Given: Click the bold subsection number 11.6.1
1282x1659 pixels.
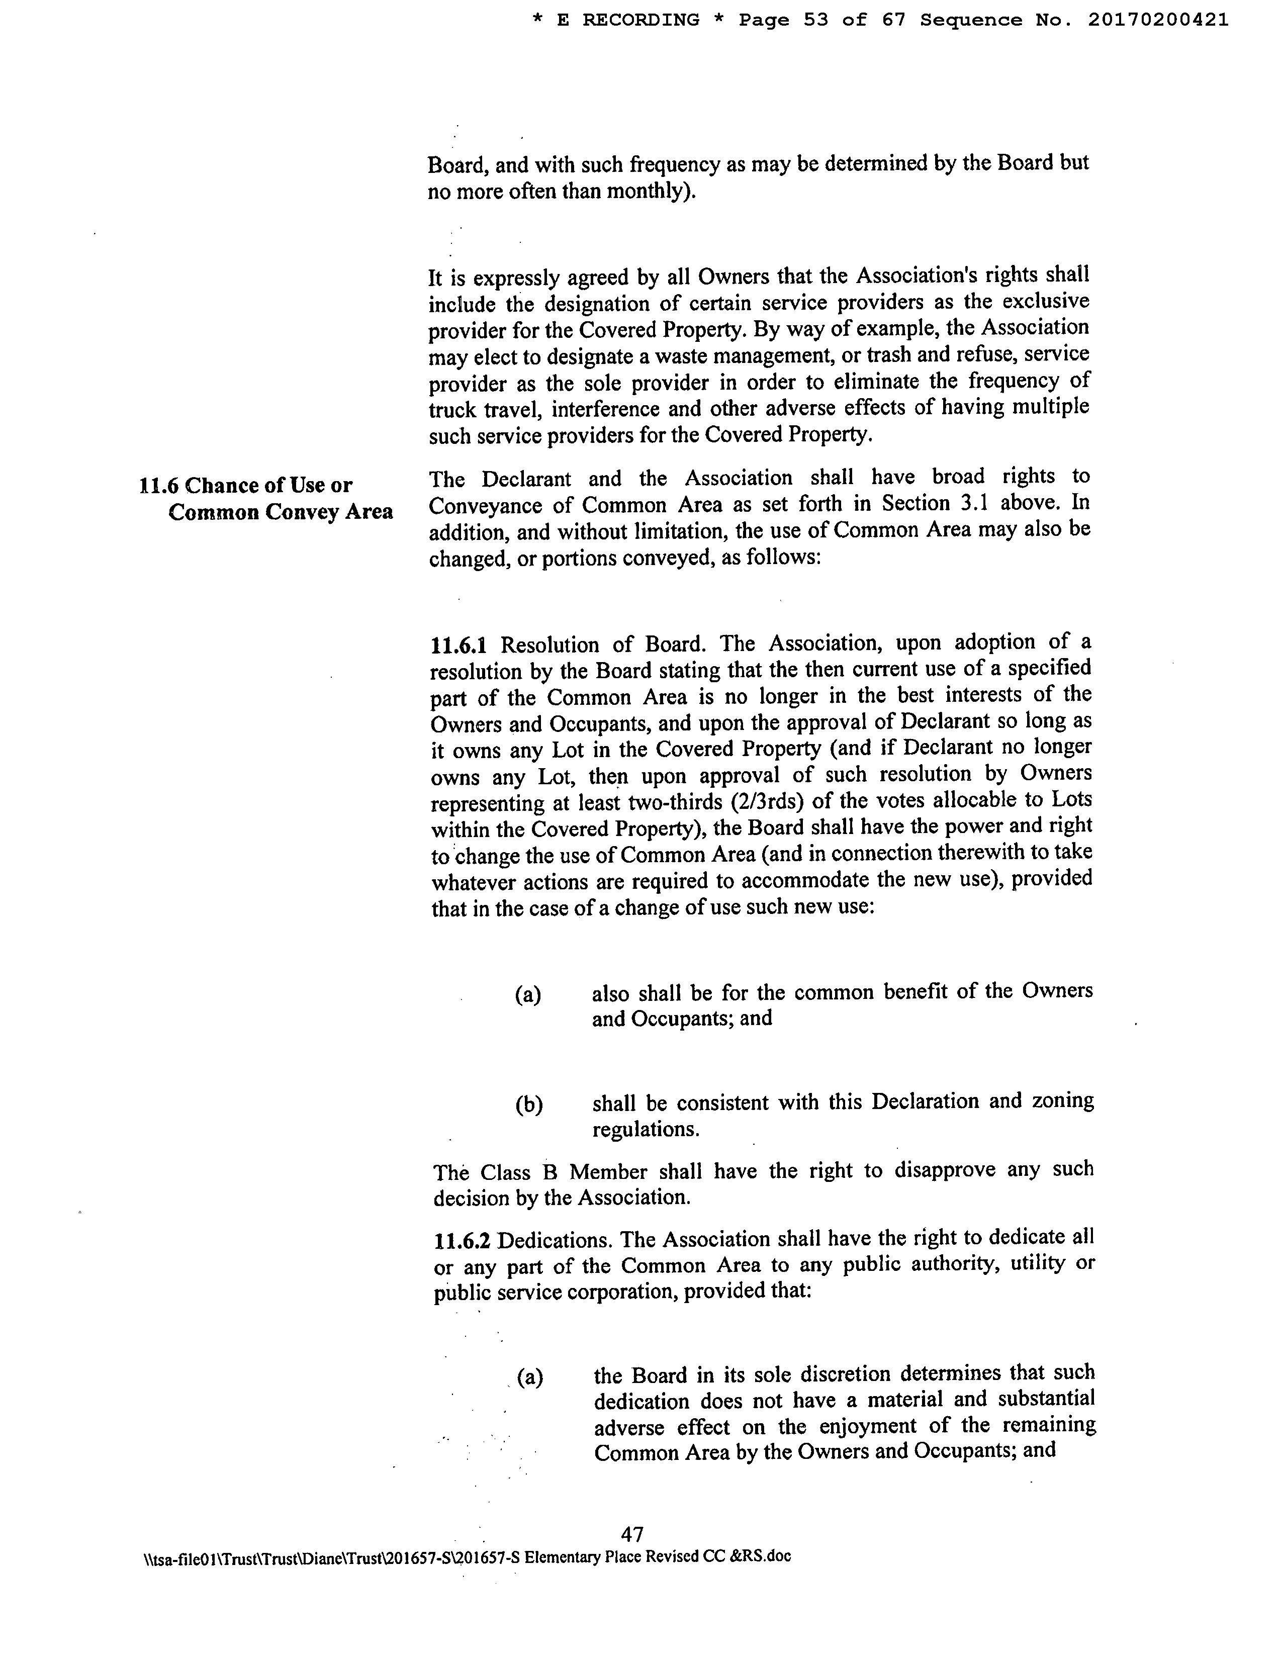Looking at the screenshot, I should pos(458,646).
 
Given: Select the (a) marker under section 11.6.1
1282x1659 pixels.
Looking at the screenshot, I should pos(528,994).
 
